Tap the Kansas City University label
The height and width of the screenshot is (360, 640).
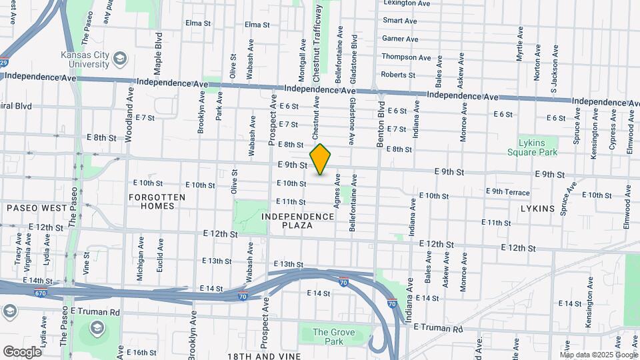click(x=84, y=59)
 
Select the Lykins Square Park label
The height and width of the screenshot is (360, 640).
click(x=537, y=147)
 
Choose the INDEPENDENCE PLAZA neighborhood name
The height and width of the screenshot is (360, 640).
click(x=297, y=221)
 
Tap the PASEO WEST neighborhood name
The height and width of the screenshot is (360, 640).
click(x=37, y=208)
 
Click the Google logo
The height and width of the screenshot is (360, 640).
click(x=22, y=351)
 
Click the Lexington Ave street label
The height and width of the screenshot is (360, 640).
click(x=407, y=3)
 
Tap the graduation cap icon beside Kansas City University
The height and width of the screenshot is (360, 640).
click(x=120, y=59)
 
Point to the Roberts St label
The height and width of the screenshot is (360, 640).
click(x=397, y=75)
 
